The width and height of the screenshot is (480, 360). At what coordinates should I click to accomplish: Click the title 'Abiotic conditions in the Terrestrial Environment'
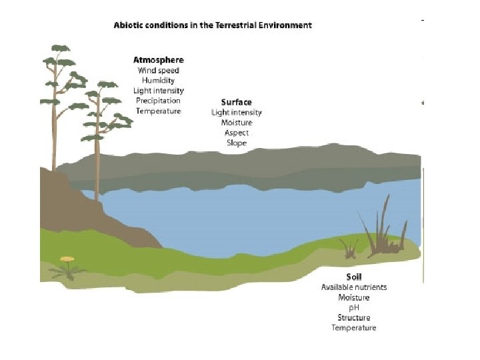pyautogui.click(x=213, y=25)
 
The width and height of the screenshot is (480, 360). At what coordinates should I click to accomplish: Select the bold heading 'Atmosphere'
pyautogui.click(x=159, y=60)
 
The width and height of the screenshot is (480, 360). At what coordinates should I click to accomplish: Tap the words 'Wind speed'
pyautogui.click(x=159, y=71)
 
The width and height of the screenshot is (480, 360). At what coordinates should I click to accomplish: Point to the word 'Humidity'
pyautogui.click(x=159, y=81)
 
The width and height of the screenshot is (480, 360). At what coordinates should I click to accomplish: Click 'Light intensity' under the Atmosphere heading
pyautogui.click(x=159, y=91)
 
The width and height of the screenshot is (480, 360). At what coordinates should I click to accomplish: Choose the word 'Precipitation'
pyautogui.click(x=159, y=101)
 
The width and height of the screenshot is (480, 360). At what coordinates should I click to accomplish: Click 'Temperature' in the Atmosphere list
pyautogui.click(x=159, y=111)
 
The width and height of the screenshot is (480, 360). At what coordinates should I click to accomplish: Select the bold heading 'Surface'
pyautogui.click(x=237, y=102)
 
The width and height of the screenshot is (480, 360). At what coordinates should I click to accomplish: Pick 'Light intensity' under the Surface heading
pyautogui.click(x=237, y=113)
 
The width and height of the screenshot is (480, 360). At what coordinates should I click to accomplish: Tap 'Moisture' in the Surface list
pyautogui.click(x=237, y=123)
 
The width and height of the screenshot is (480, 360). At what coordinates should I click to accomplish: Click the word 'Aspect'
pyautogui.click(x=237, y=133)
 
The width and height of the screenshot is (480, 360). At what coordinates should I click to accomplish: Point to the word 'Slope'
pyautogui.click(x=237, y=143)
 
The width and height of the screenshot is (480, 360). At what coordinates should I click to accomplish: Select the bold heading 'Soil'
pyautogui.click(x=354, y=277)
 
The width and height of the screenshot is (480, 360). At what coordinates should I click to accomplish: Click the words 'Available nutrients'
pyautogui.click(x=354, y=287)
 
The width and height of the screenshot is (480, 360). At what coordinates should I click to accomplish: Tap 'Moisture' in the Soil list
pyautogui.click(x=354, y=297)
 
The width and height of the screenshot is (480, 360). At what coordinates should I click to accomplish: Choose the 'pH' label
pyautogui.click(x=354, y=307)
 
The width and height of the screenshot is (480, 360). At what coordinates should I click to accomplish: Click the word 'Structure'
pyautogui.click(x=354, y=318)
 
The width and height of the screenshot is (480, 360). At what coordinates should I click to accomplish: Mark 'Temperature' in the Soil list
pyautogui.click(x=354, y=328)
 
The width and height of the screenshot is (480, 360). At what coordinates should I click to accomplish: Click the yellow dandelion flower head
pyautogui.click(x=67, y=259)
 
